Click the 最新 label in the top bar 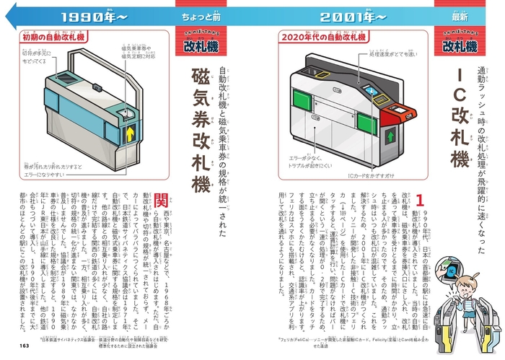460,15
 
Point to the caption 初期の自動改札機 50,35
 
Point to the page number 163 25,346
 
